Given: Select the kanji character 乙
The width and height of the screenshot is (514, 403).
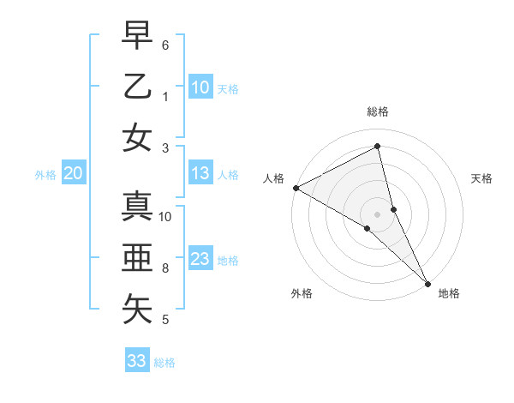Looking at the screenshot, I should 137,87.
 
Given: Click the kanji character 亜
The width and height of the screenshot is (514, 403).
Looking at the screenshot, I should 137,258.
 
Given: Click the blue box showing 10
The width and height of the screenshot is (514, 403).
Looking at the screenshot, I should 200,87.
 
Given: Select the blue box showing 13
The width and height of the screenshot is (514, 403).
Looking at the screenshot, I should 200,173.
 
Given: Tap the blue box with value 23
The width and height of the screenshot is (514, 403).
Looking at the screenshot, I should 200,259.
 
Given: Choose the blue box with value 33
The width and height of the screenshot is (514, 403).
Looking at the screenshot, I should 137,361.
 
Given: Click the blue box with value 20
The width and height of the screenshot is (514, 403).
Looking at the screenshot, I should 73,173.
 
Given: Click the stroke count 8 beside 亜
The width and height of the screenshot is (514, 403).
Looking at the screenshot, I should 165,268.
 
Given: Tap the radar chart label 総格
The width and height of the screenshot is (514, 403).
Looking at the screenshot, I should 378,111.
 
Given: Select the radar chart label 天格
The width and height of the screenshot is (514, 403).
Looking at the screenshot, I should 481,178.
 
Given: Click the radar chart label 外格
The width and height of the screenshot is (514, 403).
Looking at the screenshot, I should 302,294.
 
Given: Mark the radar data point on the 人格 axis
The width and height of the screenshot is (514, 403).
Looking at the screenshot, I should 296,188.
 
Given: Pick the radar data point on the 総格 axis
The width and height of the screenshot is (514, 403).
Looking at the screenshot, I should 378,147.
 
